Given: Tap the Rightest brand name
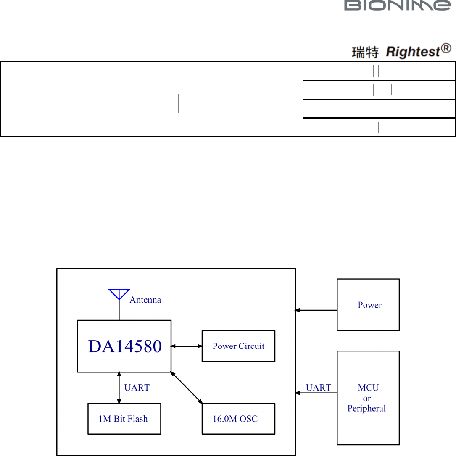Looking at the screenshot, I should tap(412, 52).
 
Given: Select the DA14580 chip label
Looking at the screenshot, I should tap(125, 346).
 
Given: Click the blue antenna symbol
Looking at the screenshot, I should tap(119, 294).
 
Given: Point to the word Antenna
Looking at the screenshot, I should tap(145, 300).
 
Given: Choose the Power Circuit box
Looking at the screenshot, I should tap(238, 346).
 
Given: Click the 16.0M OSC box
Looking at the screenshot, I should tap(238, 419).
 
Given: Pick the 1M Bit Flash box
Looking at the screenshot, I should tap(124, 419).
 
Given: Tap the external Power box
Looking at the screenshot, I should tap(368, 305).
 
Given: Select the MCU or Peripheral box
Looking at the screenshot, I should tap(368, 398).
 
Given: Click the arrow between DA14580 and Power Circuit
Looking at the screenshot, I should tap(187, 346).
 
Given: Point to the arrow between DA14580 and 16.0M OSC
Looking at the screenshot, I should tap(187, 388).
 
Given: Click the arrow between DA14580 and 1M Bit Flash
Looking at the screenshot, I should tap(119, 388).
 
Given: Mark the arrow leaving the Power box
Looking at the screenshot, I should tap(316, 310).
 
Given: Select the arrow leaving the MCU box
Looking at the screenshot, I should tap(316, 393).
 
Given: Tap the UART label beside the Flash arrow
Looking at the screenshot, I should tap(137, 388).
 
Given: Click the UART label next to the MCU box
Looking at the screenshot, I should tap(318, 388).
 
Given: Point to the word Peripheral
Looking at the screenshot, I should tap(366, 408).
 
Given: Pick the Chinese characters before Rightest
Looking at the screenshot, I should tap(365, 53).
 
